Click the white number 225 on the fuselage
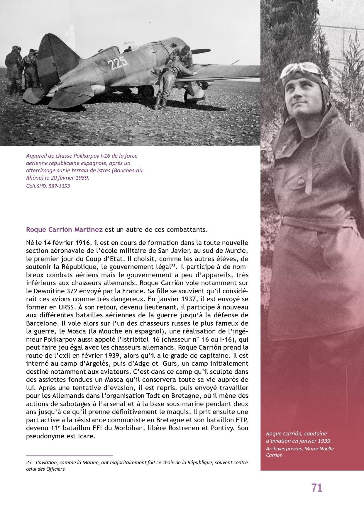click(x=117, y=62)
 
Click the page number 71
click(x=317, y=488)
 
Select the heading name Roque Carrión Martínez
click(x=64, y=229)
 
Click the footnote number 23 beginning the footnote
click(x=29, y=462)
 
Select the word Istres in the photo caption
click(x=102, y=171)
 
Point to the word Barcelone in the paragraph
click(x=41, y=324)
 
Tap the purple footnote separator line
click(x=69, y=456)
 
